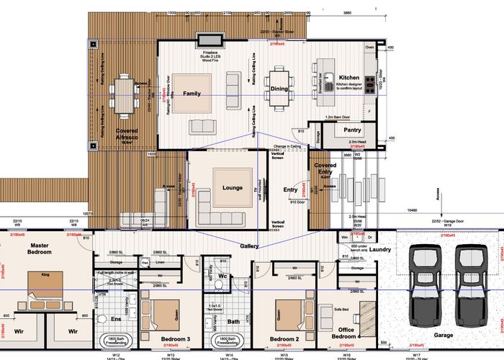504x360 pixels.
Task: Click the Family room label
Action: (x=192, y=94)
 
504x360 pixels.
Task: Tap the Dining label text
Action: (x=279, y=89)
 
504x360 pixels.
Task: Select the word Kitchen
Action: (x=349, y=77)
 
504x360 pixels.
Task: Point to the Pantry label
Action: (x=352, y=130)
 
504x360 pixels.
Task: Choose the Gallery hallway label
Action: (x=249, y=246)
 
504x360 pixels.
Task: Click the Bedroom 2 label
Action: (x=284, y=338)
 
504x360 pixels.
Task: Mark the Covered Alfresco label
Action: (x=127, y=135)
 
